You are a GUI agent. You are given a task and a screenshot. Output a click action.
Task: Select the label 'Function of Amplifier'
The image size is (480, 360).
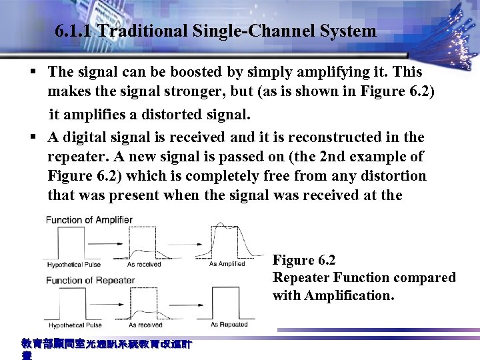(89, 220)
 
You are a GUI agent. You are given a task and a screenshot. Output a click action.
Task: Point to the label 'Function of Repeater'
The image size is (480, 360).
(90, 280)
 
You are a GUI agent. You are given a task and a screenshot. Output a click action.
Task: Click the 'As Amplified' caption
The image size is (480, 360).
(227, 264)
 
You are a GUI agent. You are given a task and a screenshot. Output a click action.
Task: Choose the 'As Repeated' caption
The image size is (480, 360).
(229, 324)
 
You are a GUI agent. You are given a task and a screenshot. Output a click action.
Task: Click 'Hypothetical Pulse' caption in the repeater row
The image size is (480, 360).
(75, 325)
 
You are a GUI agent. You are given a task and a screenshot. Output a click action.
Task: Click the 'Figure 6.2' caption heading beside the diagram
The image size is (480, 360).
(304, 261)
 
